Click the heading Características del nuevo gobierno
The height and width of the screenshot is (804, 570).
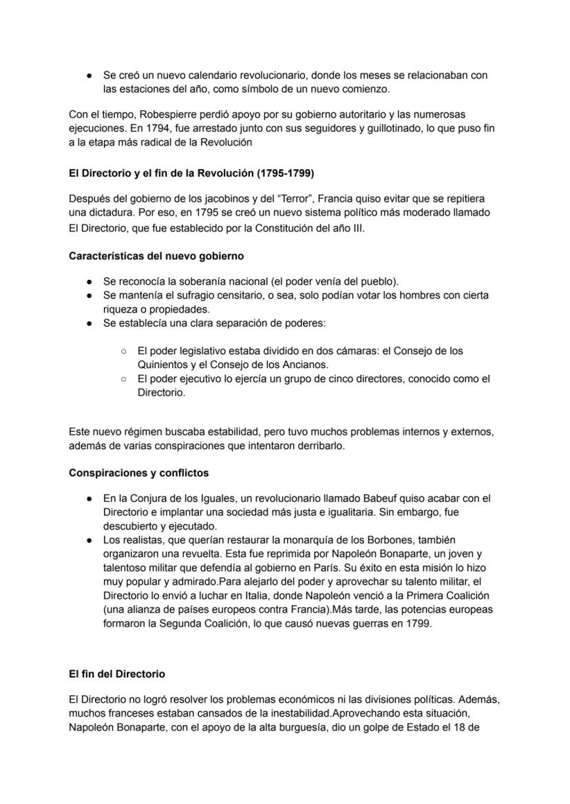[x=156, y=256]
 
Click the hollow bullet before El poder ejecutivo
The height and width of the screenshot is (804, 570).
[x=123, y=379]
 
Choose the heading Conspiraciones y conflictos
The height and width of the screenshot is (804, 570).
[x=139, y=473]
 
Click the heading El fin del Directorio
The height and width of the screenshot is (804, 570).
[x=117, y=674]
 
